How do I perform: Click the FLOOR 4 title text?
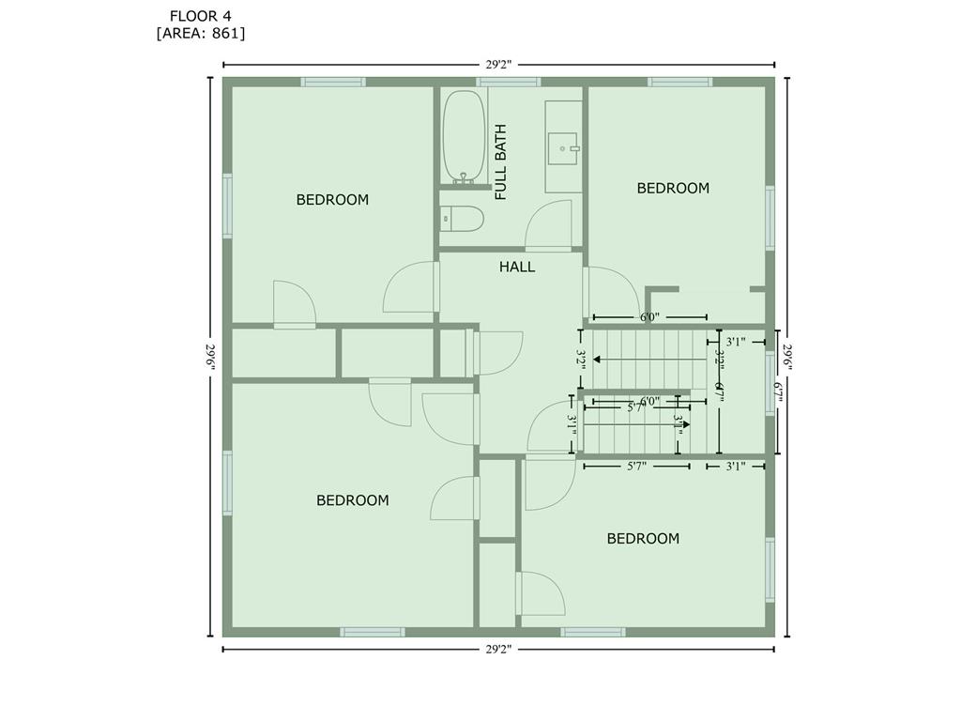(201, 15)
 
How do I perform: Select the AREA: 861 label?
(201, 33)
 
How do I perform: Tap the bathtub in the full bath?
(464, 135)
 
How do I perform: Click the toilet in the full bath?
(463, 220)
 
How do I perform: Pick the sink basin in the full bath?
(564, 147)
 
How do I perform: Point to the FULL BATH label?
(501, 161)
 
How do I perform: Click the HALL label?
(517, 268)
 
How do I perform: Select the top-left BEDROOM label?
(332, 200)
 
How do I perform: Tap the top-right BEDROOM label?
(673, 188)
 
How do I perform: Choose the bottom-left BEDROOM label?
(352, 500)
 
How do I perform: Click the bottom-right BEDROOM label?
(643, 539)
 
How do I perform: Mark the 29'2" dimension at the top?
(498, 65)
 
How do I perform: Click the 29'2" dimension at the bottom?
(498, 649)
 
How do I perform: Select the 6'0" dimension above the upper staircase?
(649, 317)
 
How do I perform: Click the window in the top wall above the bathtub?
(508, 82)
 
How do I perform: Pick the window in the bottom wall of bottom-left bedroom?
(373, 632)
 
